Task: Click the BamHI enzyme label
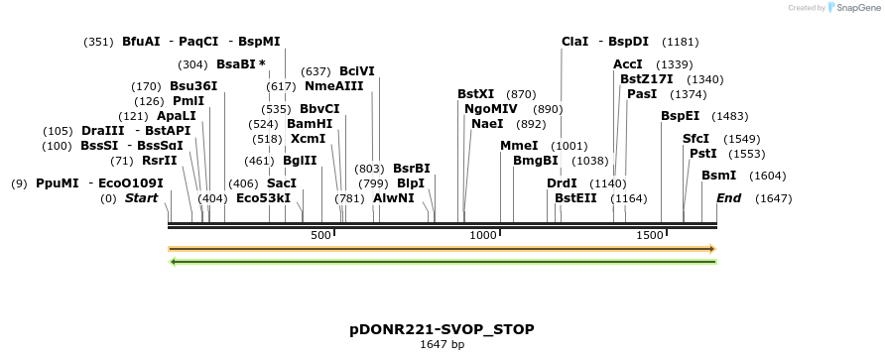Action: tap(310, 124)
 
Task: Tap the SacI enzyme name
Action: tap(283, 183)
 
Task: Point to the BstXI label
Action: tap(475, 94)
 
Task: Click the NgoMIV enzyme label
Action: tap(491, 109)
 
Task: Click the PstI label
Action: tap(702, 154)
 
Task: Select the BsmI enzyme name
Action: tap(718, 176)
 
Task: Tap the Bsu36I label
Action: tap(193, 86)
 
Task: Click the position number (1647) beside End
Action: tap(773, 198)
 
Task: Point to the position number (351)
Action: tap(99, 42)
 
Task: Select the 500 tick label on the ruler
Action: tap(320, 235)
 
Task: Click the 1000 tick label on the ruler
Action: tap(483, 235)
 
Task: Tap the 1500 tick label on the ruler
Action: tap(649, 235)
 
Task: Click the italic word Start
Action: tap(141, 198)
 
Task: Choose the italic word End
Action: tap(728, 198)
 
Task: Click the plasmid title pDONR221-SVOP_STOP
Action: tap(442, 328)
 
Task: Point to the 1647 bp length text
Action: tap(442, 345)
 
